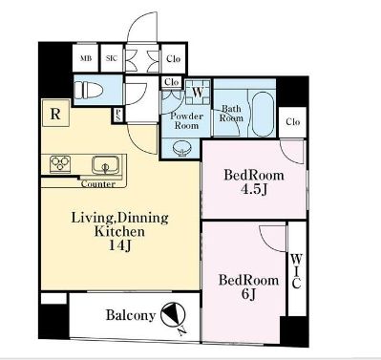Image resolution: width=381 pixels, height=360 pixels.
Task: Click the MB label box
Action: pyautogui.click(x=85, y=58)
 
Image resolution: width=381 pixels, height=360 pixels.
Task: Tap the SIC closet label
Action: pyautogui.click(x=112, y=58)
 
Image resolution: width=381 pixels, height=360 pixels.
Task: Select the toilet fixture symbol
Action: pyautogui.click(x=89, y=90)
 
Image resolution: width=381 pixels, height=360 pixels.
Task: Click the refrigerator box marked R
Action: pyautogui.click(x=55, y=113)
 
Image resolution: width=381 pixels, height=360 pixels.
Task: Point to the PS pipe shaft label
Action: pyautogui.click(x=117, y=116)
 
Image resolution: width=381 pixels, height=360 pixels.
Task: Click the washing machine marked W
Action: pyautogui.click(x=198, y=92)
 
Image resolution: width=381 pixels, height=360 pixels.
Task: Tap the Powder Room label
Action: pyautogui.click(x=186, y=120)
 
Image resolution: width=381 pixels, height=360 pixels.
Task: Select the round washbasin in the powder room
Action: pyautogui.click(x=181, y=149)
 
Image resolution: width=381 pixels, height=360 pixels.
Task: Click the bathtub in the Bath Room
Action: pyautogui.click(x=263, y=114)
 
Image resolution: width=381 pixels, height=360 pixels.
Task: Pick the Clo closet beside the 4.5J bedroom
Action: pyautogui.click(x=293, y=122)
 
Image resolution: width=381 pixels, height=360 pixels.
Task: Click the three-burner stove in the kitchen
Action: pyautogui.click(x=60, y=164)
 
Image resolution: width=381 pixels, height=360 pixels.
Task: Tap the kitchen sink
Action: pyautogui.click(x=105, y=165)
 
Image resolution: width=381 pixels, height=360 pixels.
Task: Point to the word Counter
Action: pyautogui.click(x=97, y=184)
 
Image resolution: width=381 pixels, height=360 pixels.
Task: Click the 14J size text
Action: pyautogui.click(x=120, y=245)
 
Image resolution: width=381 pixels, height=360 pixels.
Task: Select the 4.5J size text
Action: pyautogui.click(x=254, y=190)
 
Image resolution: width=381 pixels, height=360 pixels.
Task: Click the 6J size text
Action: pyautogui.click(x=248, y=294)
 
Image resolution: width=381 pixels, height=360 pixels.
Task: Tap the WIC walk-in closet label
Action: pyautogui.click(x=296, y=271)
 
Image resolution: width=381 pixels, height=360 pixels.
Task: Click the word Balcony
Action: pyautogui.click(x=131, y=315)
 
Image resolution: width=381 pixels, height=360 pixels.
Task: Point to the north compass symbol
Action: pyautogui.click(x=174, y=317)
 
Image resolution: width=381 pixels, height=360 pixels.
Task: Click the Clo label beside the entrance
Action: pyautogui.click(x=173, y=59)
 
